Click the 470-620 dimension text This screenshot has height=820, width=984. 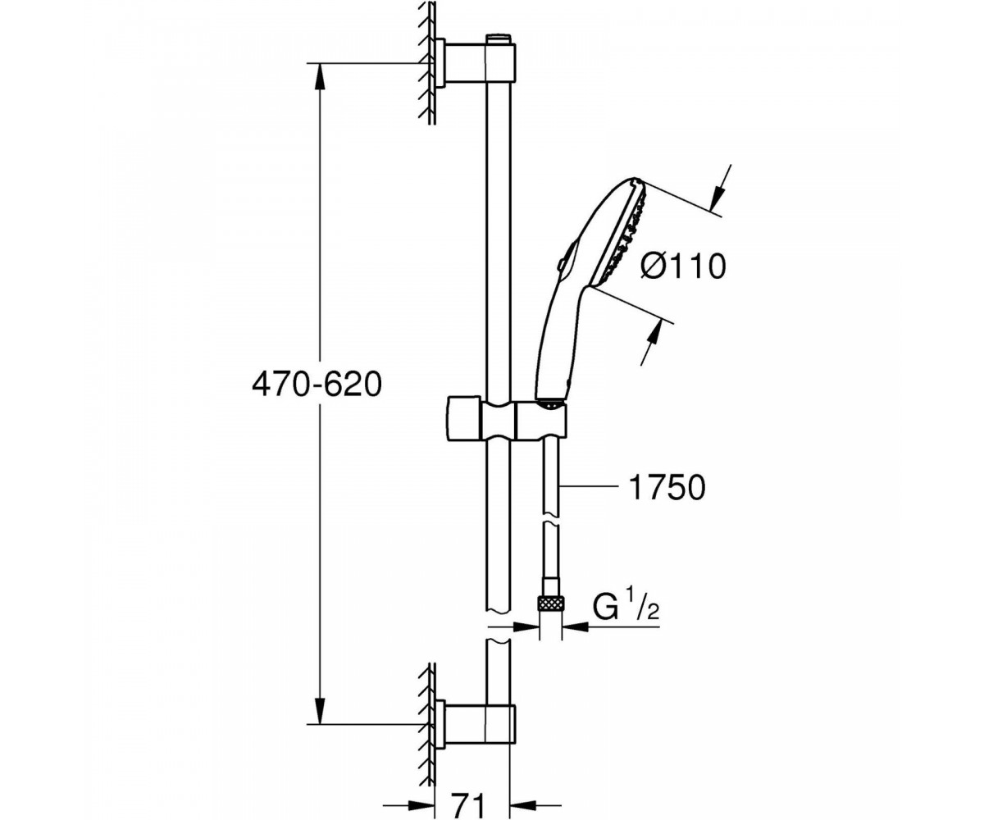[317, 385]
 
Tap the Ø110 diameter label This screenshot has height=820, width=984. [683, 267]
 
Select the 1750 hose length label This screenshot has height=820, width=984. [667, 487]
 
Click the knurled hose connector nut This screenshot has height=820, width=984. [551, 604]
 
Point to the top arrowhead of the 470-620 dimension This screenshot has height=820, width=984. [320, 76]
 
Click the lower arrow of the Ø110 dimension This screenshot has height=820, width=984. [651, 343]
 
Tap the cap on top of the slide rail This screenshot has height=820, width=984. [500, 39]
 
